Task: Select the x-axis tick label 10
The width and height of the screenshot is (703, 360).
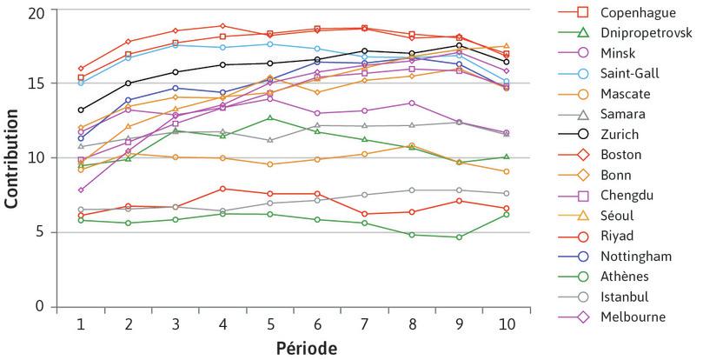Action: [x=507, y=323]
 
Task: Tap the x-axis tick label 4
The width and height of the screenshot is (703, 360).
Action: [x=222, y=323]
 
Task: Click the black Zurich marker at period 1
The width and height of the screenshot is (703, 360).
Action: [x=81, y=110]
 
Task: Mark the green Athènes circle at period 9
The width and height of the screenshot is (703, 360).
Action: [x=459, y=237]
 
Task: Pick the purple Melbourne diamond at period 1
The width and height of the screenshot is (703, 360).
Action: [x=81, y=190]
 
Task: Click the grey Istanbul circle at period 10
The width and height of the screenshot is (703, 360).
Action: [x=507, y=193]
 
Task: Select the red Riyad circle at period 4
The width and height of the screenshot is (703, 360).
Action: [x=222, y=189]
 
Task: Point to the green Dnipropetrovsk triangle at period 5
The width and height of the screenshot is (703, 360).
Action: [x=270, y=117]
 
